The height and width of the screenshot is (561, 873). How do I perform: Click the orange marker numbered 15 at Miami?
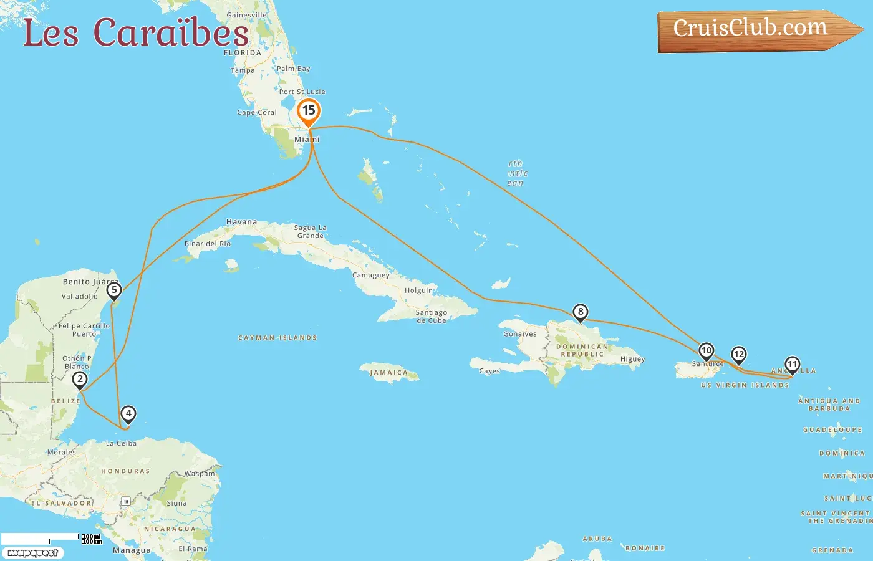coord(309,112)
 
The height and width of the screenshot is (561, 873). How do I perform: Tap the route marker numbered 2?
coord(80,380)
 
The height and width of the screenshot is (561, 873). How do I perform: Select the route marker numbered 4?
coord(128,414)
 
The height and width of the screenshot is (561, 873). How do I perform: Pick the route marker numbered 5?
coord(113,290)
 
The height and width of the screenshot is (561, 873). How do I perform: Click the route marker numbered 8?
coord(581,312)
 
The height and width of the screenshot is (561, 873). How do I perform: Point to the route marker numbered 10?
coord(706,351)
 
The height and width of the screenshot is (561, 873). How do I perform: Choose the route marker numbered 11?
coord(792,365)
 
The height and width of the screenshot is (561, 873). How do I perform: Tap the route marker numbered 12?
coord(738,355)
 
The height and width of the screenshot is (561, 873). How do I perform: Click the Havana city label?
coord(241,222)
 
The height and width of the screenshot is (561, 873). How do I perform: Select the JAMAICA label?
coord(388,373)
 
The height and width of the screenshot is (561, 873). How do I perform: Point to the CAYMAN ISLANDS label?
coord(277,338)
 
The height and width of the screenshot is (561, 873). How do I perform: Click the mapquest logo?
coord(32,553)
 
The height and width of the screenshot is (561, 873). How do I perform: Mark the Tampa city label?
coord(243,70)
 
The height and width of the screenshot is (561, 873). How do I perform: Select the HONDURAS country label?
coord(125,471)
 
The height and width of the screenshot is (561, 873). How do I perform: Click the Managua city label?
coord(132,550)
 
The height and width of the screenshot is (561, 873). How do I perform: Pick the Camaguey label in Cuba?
coord(370,275)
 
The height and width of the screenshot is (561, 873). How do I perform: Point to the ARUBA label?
coord(597,539)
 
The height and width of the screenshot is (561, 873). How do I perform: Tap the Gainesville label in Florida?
coord(246,15)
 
